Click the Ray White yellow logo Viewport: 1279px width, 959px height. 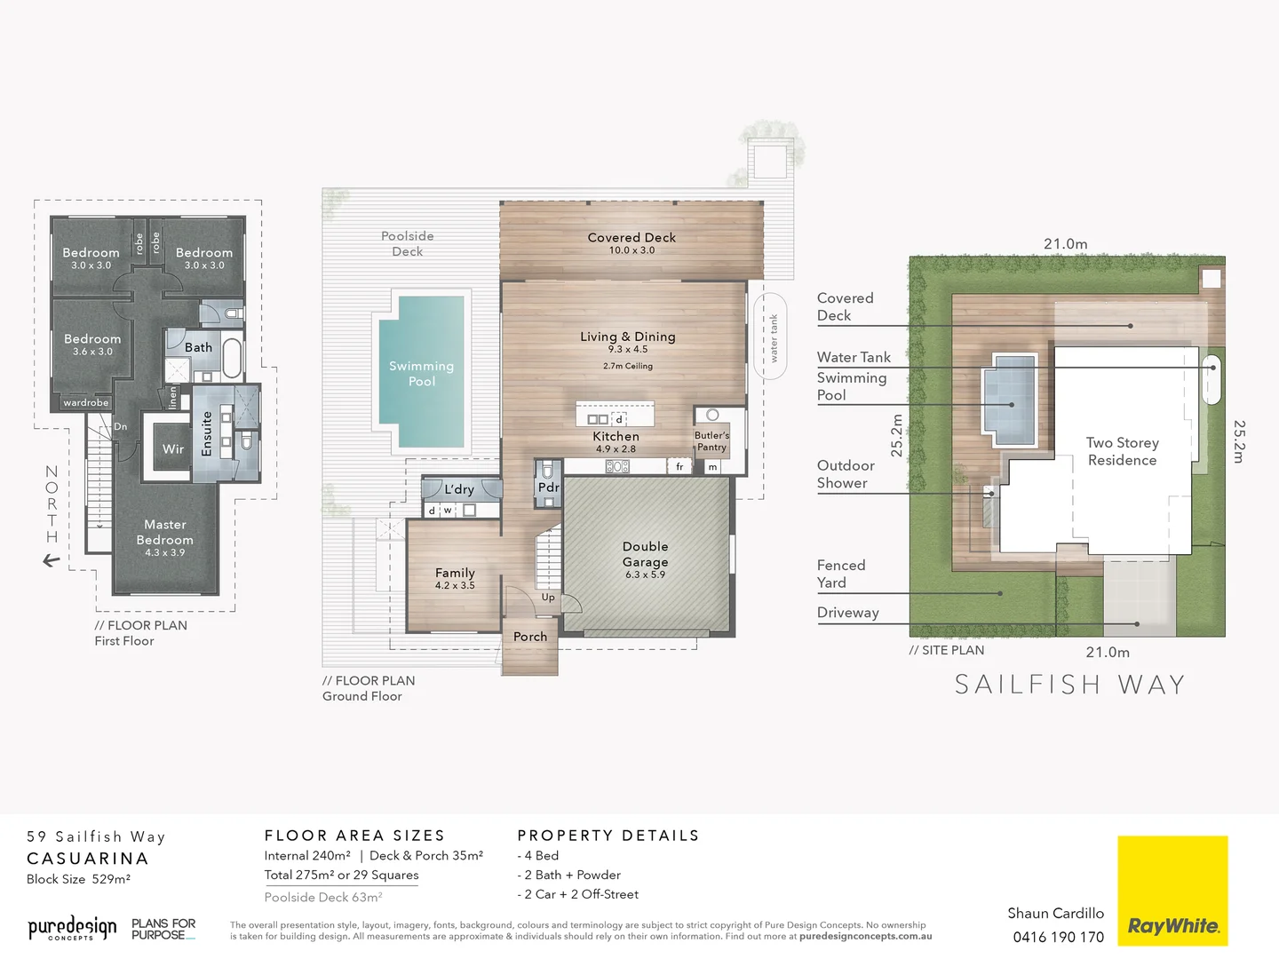(1172, 890)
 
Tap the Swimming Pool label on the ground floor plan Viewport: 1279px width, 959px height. (421, 373)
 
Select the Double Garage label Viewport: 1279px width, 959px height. (645, 554)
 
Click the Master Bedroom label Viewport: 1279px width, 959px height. (164, 532)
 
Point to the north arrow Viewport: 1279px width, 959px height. (52, 561)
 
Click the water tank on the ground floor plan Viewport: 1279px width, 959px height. (770, 337)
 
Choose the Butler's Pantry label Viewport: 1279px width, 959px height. (711, 441)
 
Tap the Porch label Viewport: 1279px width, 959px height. (530, 637)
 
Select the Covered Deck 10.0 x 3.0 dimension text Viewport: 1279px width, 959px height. (632, 250)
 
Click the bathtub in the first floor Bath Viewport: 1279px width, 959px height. (232, 358)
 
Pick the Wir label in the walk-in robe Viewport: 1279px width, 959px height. (173, 449)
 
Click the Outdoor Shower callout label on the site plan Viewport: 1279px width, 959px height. (845, 474)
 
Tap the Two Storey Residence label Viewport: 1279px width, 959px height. (1122, 451)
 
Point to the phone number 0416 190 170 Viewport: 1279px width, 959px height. (1058, 937)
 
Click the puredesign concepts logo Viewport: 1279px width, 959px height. (72, 929)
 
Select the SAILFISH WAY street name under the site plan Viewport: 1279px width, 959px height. (1069, 685)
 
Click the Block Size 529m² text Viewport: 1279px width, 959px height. (78, 879)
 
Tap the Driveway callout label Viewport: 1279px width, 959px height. (847, 613)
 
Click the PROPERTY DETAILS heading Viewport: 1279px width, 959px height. (608, 836)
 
